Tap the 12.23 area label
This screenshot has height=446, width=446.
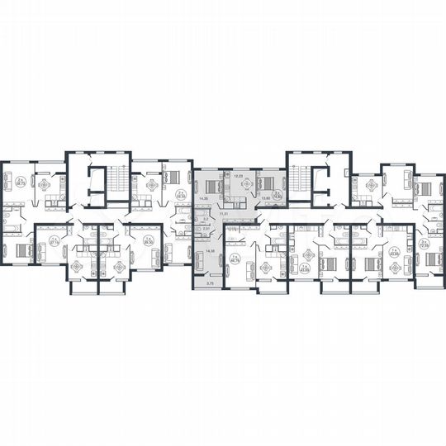pyautogui.click(x=238, y=177)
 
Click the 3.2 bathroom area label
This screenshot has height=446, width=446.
pyautogui.click(x=205, y=220)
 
